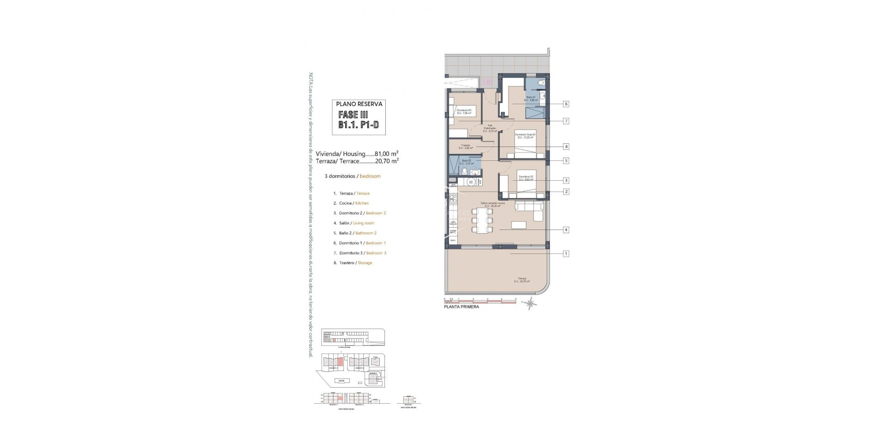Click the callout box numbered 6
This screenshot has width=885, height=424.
tap(566, 104)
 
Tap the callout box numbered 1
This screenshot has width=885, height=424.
tap(566, 253)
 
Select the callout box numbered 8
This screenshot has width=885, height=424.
tap(566, 147)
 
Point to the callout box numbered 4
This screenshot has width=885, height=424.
tap(566, 230)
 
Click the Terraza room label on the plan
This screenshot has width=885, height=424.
tap(522, 280)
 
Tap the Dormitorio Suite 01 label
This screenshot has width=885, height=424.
tap(525, 136)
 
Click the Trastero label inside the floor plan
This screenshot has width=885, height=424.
tap(466, 147)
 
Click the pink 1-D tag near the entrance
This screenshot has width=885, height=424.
tap(487, 82)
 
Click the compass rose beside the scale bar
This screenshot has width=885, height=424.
tap(531, 303)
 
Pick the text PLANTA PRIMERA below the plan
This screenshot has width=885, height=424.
tap(461, 307)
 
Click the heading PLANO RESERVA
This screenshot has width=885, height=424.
tap(359, 104)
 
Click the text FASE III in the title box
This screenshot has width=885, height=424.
tap(353, 115)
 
